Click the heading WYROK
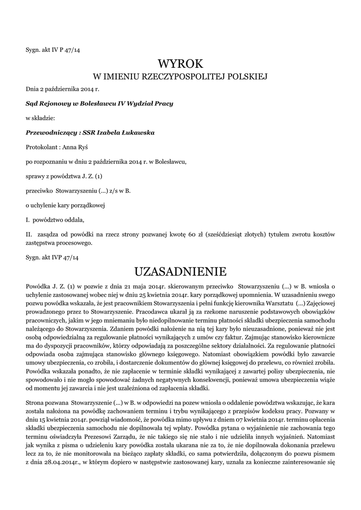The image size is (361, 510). (x=180, y=64)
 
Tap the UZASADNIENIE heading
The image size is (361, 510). (x=180, y=272)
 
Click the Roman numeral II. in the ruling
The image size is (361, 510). (x=29, y=234)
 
